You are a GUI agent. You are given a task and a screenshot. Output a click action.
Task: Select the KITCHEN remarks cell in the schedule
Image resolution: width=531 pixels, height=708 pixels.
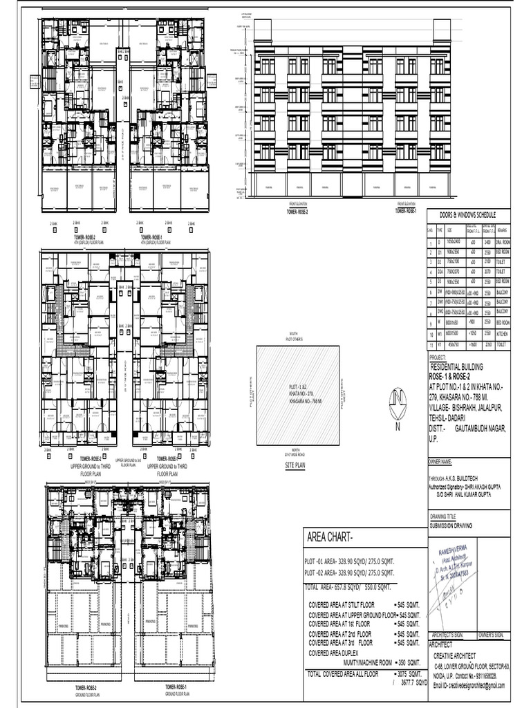(501, 333)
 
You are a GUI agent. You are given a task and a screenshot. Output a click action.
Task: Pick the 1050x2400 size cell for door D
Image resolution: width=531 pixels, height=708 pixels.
(453, 243)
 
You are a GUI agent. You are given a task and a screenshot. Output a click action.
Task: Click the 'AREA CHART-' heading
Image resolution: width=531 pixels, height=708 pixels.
(329, 538)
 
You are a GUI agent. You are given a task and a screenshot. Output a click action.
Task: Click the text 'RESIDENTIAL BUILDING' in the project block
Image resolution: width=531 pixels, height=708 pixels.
(456, 366)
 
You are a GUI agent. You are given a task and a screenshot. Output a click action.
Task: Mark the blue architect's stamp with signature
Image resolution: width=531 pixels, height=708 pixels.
(454, 577)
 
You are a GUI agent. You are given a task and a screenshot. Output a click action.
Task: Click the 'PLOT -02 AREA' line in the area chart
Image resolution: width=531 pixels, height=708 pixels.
(349, 574)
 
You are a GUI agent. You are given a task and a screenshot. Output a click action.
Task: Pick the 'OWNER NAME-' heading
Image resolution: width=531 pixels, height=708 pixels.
(441, 461)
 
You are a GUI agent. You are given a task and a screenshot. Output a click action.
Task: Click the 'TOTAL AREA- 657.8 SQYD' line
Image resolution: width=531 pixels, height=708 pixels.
(348, 586)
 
